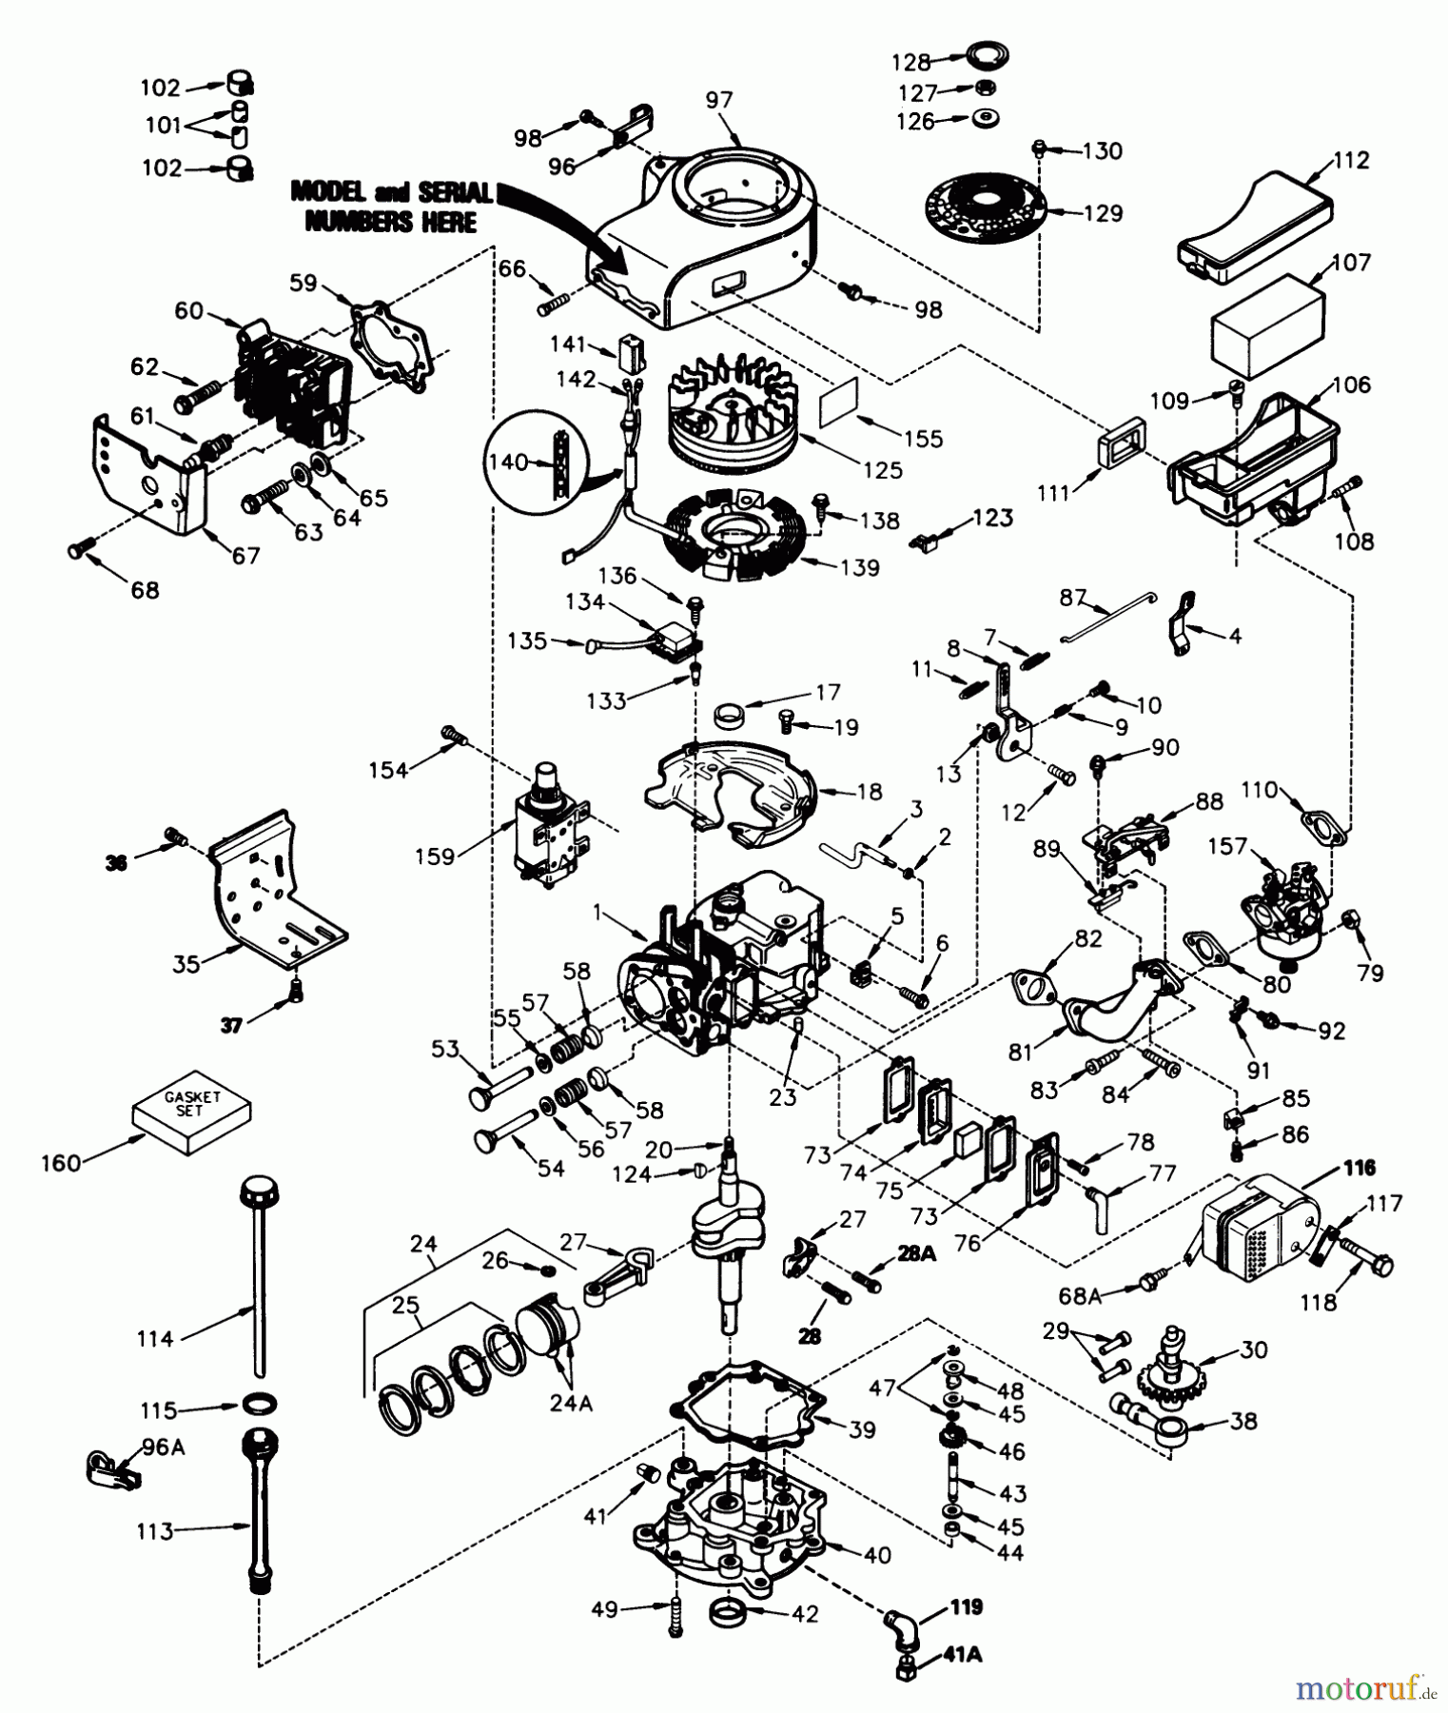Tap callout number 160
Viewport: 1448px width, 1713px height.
point(61,1163)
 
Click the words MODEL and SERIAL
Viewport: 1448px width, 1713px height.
point(390,191)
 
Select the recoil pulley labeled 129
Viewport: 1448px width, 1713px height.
point(985,207)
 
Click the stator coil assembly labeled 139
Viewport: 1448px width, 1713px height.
point(732,539)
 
